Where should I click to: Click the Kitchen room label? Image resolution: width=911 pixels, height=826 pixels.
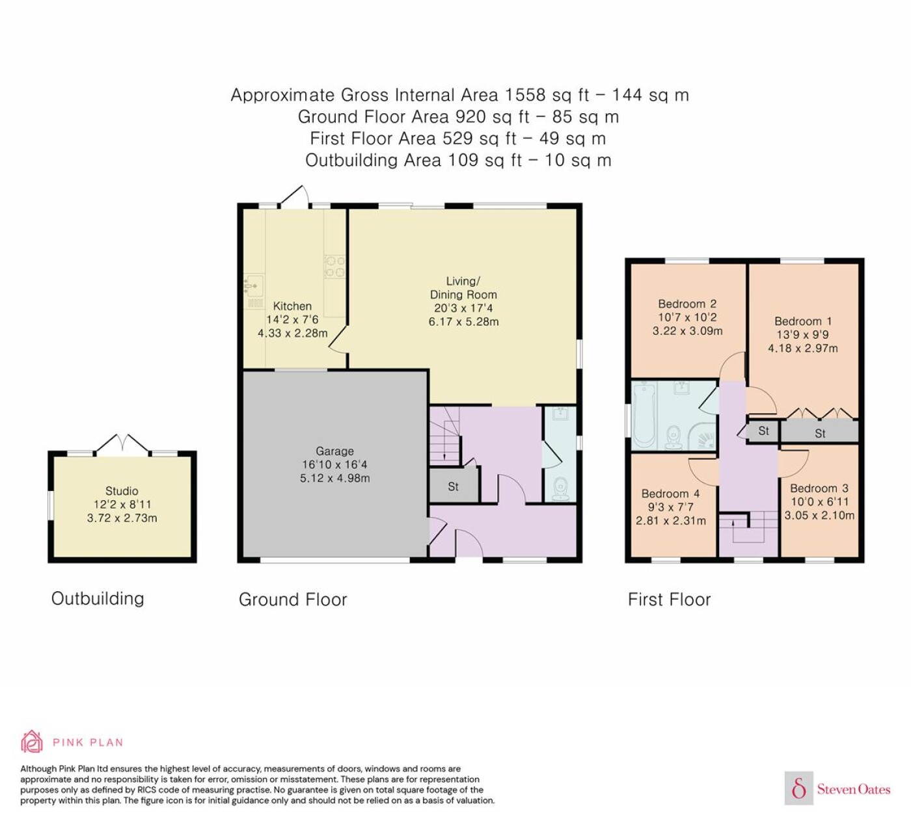click(x=292, y=306)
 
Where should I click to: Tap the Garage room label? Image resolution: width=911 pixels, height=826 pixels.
click(x=334, y=451)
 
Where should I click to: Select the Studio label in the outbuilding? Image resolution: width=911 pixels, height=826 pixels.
click(x=122, y=491)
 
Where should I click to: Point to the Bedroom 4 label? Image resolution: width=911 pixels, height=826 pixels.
click(x=670, y=494)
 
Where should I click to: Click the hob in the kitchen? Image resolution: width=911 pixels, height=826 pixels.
click(x=334, y=267)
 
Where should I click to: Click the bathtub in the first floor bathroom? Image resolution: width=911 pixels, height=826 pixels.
click(x=644, y=415)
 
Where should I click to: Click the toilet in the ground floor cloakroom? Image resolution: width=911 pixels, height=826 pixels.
click(x=560, y=488)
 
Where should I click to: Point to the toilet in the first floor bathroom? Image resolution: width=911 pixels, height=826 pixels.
click(x=673, y=437)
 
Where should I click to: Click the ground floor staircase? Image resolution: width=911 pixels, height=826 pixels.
click(x=445, y=436)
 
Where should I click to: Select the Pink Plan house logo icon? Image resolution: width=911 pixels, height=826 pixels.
click(x=32, y=741)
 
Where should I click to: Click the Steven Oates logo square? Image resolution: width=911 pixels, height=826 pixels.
click(x=799, y=789)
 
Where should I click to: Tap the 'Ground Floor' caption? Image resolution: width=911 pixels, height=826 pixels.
click(x=293, y=600)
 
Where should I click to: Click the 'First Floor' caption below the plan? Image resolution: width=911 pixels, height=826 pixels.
click(x=670, y=600)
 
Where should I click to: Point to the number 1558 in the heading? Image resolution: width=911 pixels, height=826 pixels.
click(x=525, y=95)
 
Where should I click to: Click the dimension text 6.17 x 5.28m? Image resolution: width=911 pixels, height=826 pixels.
click(x=464, y=321)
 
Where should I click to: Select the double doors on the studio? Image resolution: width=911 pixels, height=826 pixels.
click(x=122, y=444)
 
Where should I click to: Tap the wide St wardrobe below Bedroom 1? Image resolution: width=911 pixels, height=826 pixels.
click(x=820, y=433)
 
